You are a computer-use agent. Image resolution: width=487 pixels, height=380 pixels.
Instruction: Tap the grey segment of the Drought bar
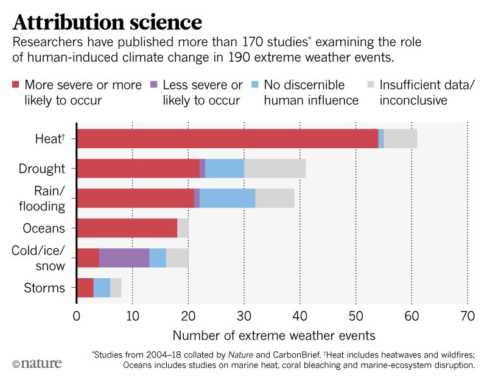click(275, 168)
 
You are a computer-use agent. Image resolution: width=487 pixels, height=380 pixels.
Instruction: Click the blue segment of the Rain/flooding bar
click(227, 198)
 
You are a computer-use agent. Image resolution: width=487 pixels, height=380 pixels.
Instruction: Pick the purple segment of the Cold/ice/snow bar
click(124, 258)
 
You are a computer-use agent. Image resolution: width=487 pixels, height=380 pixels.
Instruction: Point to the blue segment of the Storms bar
click(102, 287)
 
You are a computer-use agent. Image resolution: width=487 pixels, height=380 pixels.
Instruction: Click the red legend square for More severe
click(16, 85)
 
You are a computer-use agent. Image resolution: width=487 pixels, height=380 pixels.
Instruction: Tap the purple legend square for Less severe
click(153, 85)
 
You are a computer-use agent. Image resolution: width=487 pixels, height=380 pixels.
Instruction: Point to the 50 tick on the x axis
click(356, 317)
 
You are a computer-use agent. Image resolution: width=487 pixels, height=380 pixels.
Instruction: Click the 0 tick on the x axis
click(77, 317)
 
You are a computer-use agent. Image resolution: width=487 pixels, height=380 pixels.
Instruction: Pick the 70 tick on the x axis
click(467, 317)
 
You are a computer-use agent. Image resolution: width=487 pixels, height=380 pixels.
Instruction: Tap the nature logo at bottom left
click(37, 364)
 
